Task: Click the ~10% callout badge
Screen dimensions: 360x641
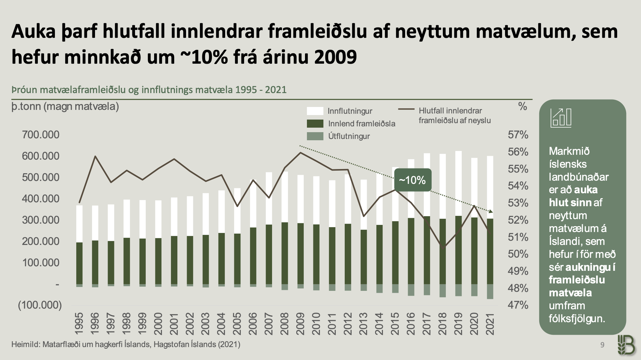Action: click(413, 180)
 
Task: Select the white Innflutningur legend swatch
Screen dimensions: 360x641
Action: click(315, 111)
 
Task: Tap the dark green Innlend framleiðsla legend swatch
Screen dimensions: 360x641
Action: click(315, 123)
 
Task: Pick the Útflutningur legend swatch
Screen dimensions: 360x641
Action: click(315, 136)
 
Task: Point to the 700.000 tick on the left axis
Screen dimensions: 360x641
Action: click(41, 134)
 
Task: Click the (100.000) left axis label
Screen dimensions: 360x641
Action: click(40, 305)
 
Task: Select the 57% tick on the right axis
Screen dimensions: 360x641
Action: click(518, 134)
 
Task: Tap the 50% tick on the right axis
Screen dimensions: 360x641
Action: click(518, 254)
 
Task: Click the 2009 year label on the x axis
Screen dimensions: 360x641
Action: click(300, 323)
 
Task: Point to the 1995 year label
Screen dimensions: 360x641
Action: click(79, 323)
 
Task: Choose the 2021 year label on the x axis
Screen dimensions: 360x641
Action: click(490, 323)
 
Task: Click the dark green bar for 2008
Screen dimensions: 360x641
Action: click(285, 253)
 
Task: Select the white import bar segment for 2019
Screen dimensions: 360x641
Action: click(458, 183)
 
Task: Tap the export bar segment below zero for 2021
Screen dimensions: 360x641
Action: click(490, 291)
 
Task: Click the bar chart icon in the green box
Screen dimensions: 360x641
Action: click(561, 117)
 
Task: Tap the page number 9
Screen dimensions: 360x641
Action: click(602, 345)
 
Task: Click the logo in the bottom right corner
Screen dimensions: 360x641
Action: click(626, 345)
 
